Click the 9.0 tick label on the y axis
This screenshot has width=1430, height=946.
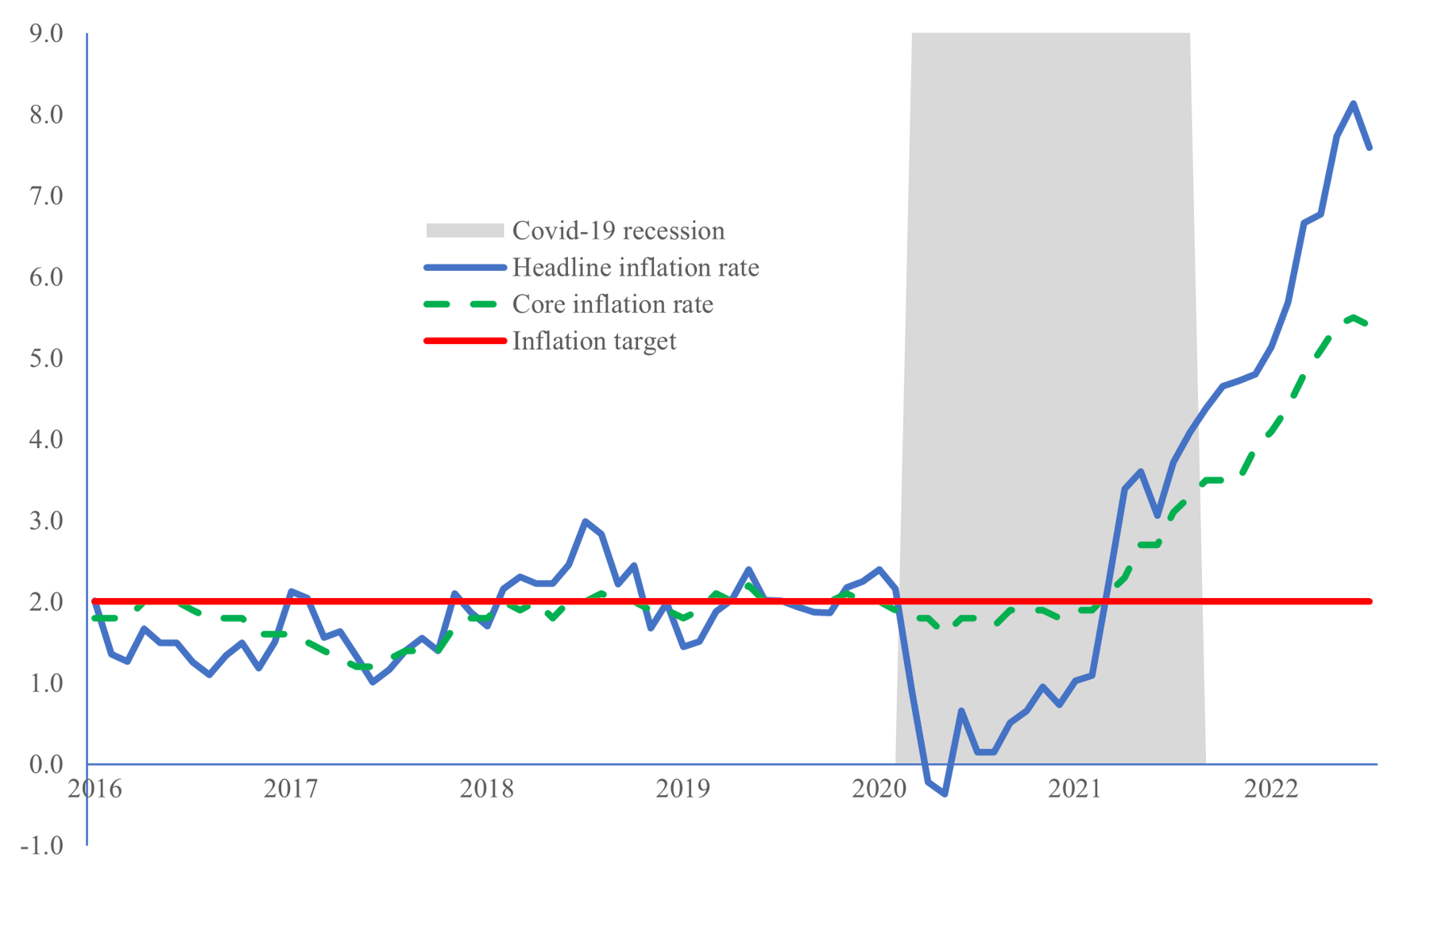click(45, 33)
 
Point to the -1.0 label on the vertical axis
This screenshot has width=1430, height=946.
click(42, 845)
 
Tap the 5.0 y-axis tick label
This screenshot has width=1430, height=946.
click(45, 358)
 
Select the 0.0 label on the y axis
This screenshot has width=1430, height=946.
click(45, 764)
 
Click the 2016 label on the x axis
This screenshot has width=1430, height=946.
click(95, 789)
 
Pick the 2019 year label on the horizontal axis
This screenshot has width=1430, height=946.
click(682, 789)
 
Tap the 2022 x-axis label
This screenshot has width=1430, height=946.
click(1270, 789)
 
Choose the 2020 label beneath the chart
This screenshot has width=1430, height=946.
click(879, 789)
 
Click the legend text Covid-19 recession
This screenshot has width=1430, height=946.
click(618, 230)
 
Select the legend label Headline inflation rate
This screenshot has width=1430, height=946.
click(635, 267)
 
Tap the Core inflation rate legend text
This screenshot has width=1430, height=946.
click(613, 304)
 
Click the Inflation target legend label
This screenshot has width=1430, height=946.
click(593, 341)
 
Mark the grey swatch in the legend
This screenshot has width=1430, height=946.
click(465, 230)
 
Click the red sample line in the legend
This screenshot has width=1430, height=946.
click(465, 341)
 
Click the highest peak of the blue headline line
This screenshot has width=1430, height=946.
click(1353, 103)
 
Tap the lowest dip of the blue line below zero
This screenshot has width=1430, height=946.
click(945, 793)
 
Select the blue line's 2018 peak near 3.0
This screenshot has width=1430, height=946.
click(586, 521)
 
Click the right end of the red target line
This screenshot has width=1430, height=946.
click(1370, 601)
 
